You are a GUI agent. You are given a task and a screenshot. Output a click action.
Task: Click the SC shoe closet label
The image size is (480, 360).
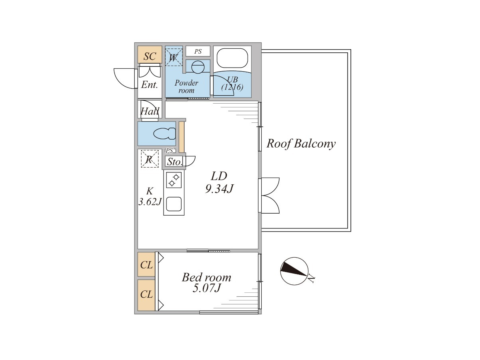coord(150,56)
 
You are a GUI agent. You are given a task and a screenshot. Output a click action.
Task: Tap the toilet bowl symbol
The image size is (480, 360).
coord(165,134)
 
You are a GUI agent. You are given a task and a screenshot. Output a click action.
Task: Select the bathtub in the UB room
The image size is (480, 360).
coord(232,58)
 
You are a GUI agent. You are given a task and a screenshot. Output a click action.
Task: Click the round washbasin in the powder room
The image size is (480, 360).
coord(198,67)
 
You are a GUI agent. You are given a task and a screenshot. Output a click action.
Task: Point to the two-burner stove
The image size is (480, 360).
coord(174,180)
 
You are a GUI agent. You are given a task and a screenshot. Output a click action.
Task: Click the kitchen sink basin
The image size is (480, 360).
coord(174,204)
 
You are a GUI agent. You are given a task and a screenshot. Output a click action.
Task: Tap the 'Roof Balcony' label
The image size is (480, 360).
coord(301,144)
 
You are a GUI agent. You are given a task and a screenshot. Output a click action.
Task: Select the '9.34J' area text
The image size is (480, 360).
coord(219,189)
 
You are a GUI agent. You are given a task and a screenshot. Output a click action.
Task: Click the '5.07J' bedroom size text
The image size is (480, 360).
coord(206,288)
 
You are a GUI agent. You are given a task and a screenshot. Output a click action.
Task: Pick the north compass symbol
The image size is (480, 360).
coord(294,271)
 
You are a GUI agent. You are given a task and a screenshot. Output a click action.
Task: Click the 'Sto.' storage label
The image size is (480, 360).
coord(174,162)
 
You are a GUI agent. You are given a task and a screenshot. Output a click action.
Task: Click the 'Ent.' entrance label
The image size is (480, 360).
coord(150,85)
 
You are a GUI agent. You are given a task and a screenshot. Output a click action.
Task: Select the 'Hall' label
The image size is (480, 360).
coord(150,111)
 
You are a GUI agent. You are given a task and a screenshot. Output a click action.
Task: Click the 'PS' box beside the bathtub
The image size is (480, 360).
coord(198,51)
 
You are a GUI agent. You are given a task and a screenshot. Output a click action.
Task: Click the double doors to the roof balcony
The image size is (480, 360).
coord(269,196)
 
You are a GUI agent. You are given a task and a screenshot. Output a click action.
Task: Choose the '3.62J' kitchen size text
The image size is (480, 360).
coord(150,202)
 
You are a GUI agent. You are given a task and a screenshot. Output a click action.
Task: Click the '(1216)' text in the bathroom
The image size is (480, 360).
coord(232,88)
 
